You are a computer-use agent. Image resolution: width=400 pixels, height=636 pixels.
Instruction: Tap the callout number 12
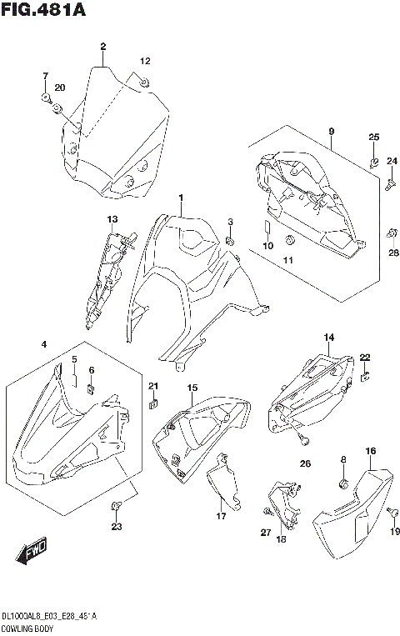(145, 62)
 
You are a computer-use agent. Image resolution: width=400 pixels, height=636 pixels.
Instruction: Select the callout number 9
(331, 132)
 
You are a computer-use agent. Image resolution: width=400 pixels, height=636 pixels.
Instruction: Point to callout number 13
(112, 218)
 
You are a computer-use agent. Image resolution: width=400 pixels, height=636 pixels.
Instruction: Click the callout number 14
(328, 337)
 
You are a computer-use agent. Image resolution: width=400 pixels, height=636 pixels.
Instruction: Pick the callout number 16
(370, 451)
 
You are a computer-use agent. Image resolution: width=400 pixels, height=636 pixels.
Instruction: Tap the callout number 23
(116, 526)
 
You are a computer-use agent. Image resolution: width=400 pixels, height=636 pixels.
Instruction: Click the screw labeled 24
(389, 187)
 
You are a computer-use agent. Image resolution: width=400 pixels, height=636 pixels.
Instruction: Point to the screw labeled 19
(388, 511)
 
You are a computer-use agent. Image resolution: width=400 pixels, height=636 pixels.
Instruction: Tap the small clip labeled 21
(152, 406)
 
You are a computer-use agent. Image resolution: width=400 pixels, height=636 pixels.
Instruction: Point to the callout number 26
(305, 463)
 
